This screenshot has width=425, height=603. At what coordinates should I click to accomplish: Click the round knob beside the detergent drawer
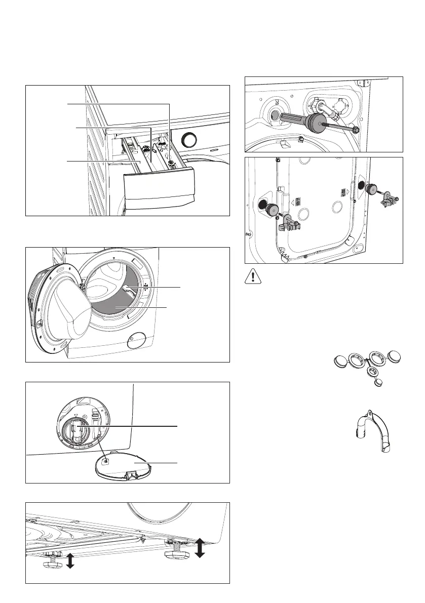189,140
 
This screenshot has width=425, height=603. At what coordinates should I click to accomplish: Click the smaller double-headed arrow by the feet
70,561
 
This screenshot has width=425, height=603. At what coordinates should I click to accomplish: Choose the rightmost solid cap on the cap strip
397,356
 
